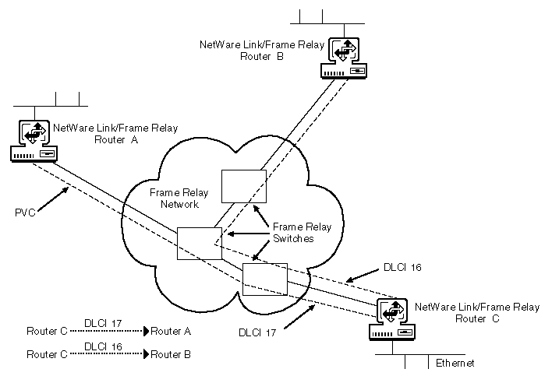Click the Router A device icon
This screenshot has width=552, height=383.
[x=33, y=141]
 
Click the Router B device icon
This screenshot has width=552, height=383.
[x=345, y=58]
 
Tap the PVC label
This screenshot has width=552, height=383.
[x=26, y=212]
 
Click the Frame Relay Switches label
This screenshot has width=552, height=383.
[x=301, y=233]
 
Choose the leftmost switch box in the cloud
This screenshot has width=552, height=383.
[x=200, y=244]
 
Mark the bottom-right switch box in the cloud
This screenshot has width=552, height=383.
[x=265, y=279]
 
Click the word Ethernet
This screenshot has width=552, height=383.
[x=455, y=363]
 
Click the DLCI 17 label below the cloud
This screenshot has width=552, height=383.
[x=258, y=332]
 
